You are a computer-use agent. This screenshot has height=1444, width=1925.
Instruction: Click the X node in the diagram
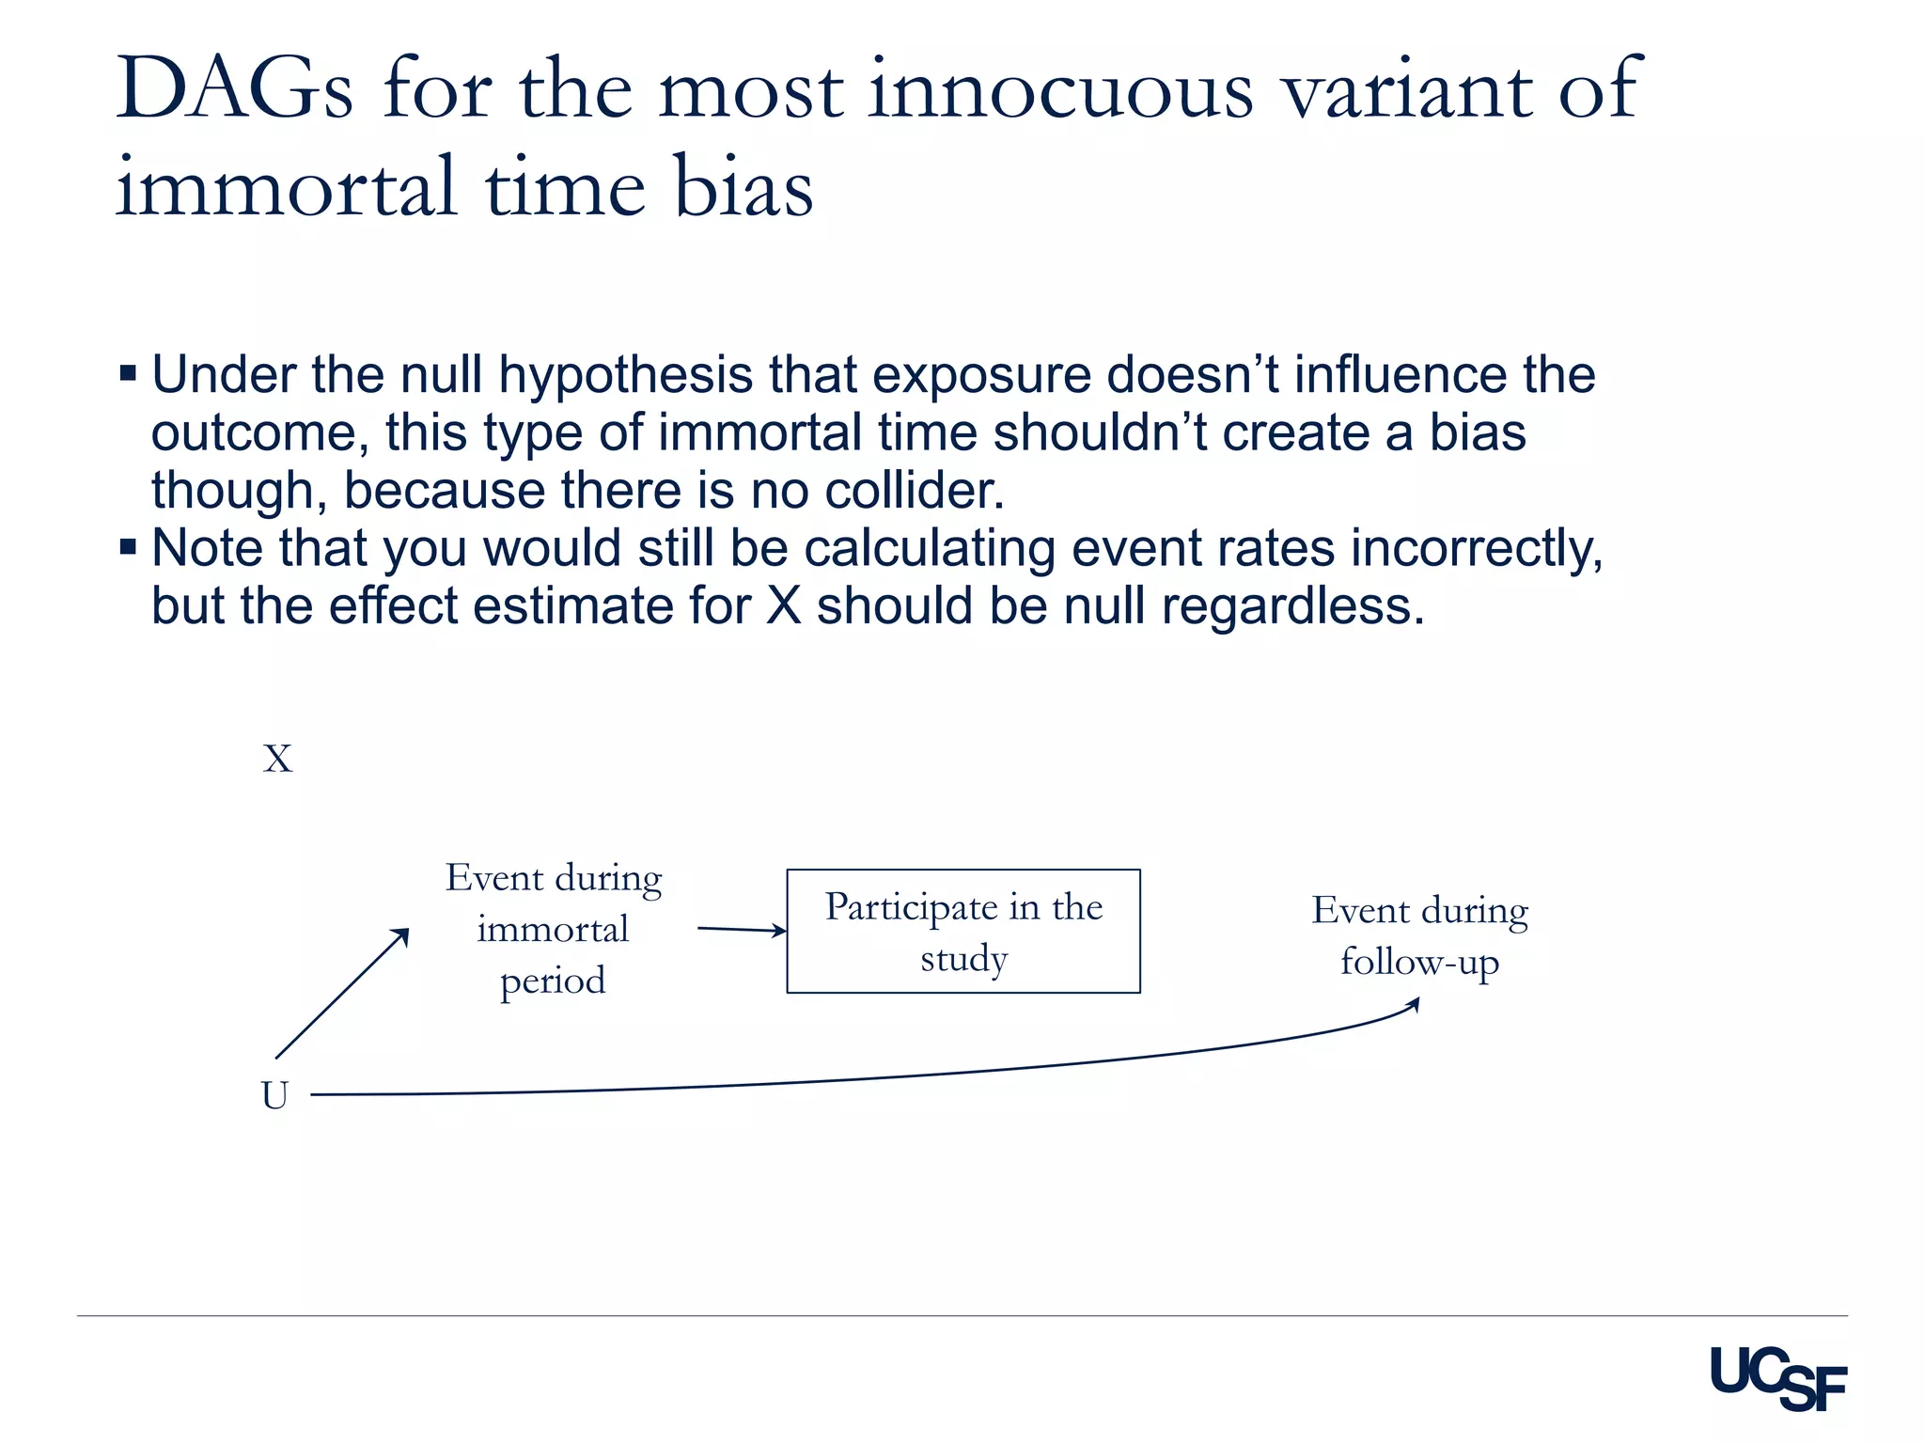point(277,759)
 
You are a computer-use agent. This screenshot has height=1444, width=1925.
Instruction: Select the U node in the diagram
point(274,1095)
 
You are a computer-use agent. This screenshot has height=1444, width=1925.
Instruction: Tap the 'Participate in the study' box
point(963,931)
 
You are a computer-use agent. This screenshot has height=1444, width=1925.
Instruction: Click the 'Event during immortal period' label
point(553,929)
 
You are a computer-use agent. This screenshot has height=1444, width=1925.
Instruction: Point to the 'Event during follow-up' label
point(1419,936)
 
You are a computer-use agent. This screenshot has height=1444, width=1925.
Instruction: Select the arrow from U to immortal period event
point(342,993)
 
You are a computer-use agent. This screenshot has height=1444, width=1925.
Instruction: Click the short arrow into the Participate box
point(741,930)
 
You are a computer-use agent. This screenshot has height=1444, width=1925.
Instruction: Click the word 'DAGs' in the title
point(234,89)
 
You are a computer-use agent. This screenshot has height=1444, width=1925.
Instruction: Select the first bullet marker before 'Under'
point(129,373)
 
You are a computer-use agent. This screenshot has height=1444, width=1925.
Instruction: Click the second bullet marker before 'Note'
point(129,546)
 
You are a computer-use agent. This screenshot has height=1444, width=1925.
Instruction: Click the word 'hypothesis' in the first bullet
point(625,374)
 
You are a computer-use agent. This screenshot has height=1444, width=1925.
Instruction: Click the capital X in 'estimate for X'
point(783,605)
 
